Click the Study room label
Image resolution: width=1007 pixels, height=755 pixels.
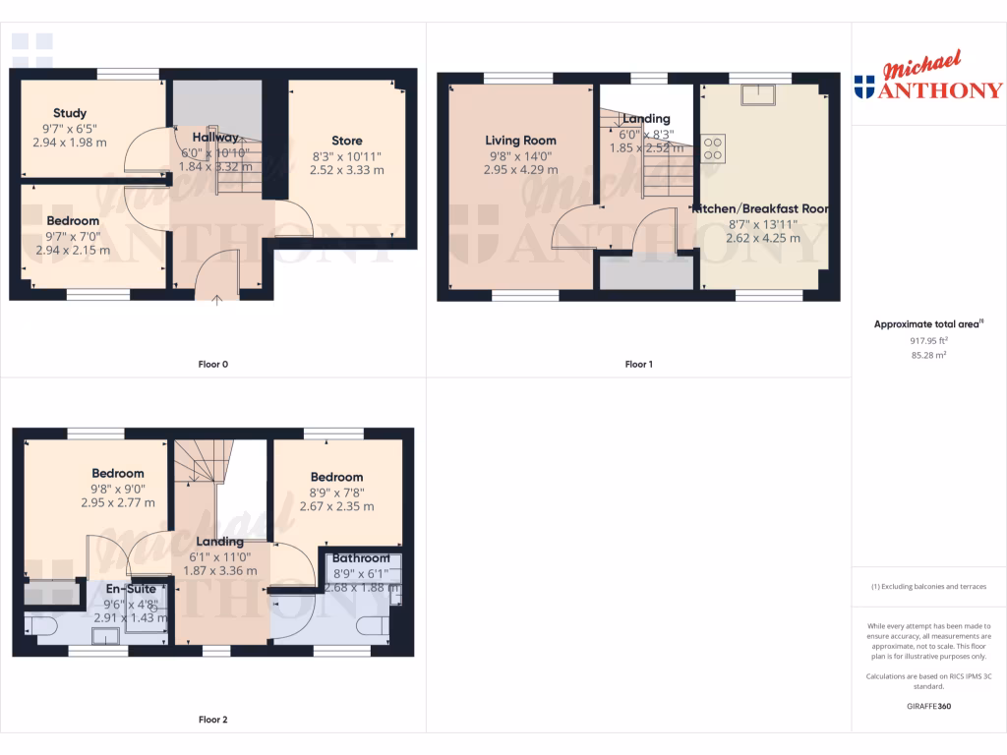(70, 113)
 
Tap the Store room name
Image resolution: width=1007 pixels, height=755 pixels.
(346, 141)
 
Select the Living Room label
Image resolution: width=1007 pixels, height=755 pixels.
(520, 141)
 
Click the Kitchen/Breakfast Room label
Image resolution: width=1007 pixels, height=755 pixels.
(760, 209)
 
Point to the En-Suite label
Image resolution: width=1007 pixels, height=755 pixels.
(131, 589)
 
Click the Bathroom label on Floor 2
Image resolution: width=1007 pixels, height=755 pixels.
(361, 558)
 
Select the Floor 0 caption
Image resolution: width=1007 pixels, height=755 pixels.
(213, 365)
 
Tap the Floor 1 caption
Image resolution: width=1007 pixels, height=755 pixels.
(638, 365)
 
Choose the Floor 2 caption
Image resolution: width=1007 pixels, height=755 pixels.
(213, 720)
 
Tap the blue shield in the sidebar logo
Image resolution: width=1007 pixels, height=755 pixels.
(865, 88)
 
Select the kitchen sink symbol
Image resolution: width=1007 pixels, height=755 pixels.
(759, 93)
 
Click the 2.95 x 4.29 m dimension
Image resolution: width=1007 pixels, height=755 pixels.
(520, 170)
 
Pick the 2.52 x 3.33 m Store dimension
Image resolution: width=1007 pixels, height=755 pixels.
(346, 170)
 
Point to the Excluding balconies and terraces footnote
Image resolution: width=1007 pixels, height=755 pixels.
(928, 587)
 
